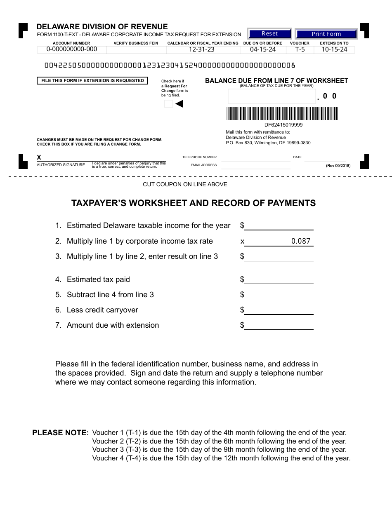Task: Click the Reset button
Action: pyautogui.click(x=269, y=34)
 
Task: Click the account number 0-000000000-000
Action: pyautogui.click(x=72, y=49)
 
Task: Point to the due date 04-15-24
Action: pyautogui.click(x=263, y=49)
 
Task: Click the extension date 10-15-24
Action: pyautogui.click(x=334, y=49)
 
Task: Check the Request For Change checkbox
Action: pyautogui.click(x=168, y=104)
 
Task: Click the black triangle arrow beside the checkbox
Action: pyautogui.click(x=179, y=104)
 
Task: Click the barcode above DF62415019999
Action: pyautogui.click(x=282, y=114)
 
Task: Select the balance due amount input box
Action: pyautogui.click(x=272, y=96)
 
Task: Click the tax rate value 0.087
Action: pyautogui.click(x=300, y=242)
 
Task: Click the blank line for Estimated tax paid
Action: pyautogui.click(x=279, y=280)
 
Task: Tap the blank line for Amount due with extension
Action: pyautogui.click(x=279, y=326)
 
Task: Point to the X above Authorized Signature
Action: pyautogui.click(x=39, y=157)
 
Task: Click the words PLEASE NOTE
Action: pyautogui.click(x=61, y=433)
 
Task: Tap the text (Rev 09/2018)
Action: pyautogui.click(x=338, y=166)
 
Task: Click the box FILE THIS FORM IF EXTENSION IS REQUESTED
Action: pyautogui.click(x=92, y=81)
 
